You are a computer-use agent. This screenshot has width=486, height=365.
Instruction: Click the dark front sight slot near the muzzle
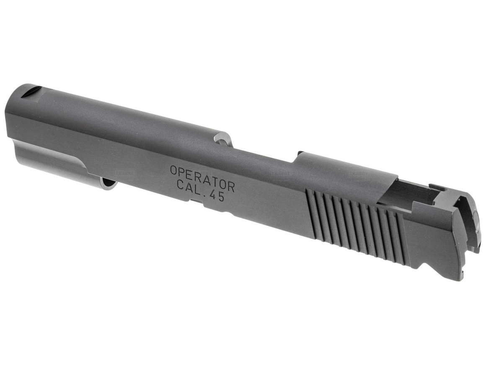pos(31,91)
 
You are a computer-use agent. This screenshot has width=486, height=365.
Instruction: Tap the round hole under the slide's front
pos(108,183)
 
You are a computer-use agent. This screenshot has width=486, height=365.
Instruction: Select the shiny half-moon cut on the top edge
pos(223,139)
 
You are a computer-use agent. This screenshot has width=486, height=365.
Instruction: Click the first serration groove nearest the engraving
pos(310,214)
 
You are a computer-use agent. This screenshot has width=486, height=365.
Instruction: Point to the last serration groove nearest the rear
pos(400,239)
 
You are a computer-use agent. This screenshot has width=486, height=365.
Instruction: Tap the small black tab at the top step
pos(300,154)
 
